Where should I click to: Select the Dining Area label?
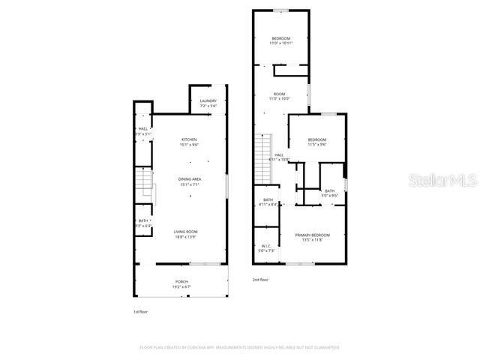[190, 180]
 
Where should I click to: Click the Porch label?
[181, 283]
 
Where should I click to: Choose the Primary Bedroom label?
[311, 238]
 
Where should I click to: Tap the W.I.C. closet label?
[266, 248]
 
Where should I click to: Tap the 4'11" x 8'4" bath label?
[268, 202]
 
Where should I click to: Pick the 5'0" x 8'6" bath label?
[330, 193]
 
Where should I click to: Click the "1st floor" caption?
[141, 311]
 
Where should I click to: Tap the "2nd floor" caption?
[260, 279]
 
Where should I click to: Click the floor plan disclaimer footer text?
[240, 347]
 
